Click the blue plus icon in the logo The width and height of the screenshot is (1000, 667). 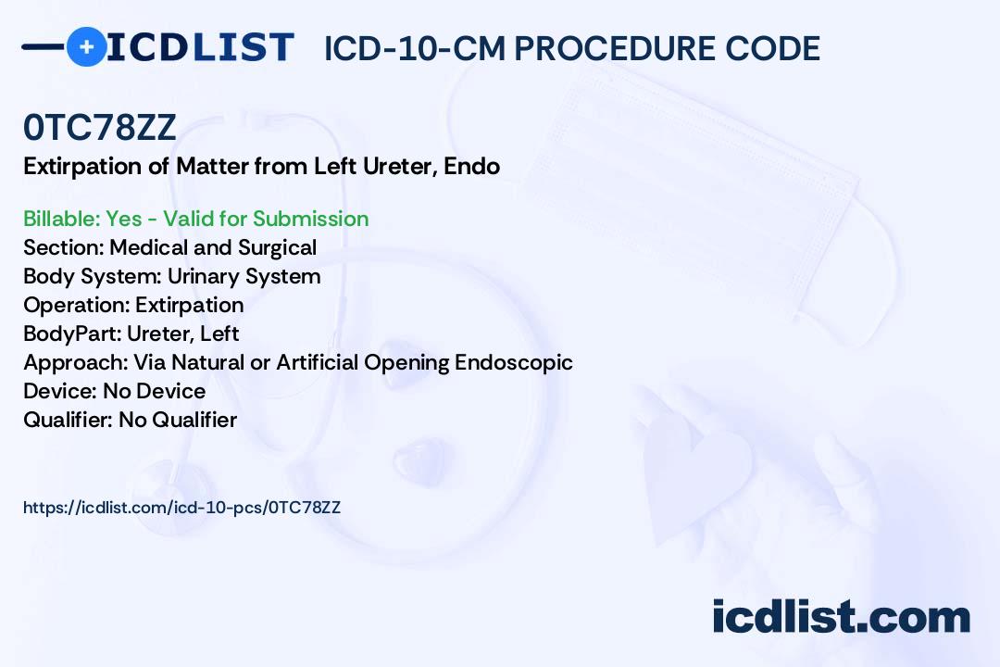[86, 46]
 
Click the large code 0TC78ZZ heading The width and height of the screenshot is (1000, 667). [99, 127]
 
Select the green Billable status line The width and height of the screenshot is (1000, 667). [195, 219]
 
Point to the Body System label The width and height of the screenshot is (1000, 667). [93, 277]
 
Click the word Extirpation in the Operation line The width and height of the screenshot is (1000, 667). [190, 306]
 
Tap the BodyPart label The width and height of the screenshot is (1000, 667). [72, 333]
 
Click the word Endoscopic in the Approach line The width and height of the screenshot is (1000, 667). [513, 362]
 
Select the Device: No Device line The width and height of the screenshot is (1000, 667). [114, 391]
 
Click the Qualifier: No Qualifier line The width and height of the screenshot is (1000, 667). [131, 420]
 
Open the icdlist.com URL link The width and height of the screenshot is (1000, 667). [181, 508]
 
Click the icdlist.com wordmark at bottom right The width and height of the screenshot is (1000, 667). [841, 617]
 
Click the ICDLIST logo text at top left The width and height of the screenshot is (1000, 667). [200, 47]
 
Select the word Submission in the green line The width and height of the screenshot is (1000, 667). [310, 219]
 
